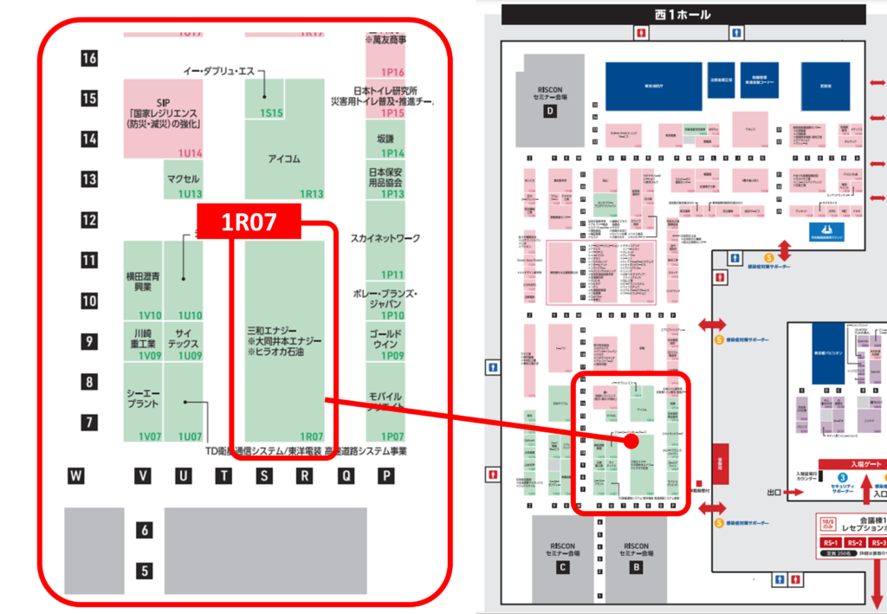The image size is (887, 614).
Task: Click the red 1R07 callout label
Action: click(x=249, y=222)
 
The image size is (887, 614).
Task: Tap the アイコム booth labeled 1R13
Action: click(x=284, y=159)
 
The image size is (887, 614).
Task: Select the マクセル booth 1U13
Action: click(x=184, y=180)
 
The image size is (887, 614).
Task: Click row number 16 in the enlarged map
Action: click(x=89, y=58)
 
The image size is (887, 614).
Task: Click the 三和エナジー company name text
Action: click(x=271, y=331)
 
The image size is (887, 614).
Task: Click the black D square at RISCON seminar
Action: click(x=548, y=111)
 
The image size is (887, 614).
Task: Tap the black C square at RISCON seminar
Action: click(x=562, y=567)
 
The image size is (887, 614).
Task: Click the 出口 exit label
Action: click(x=774, y=492)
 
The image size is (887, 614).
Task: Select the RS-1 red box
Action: click(x=830, y=543)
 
